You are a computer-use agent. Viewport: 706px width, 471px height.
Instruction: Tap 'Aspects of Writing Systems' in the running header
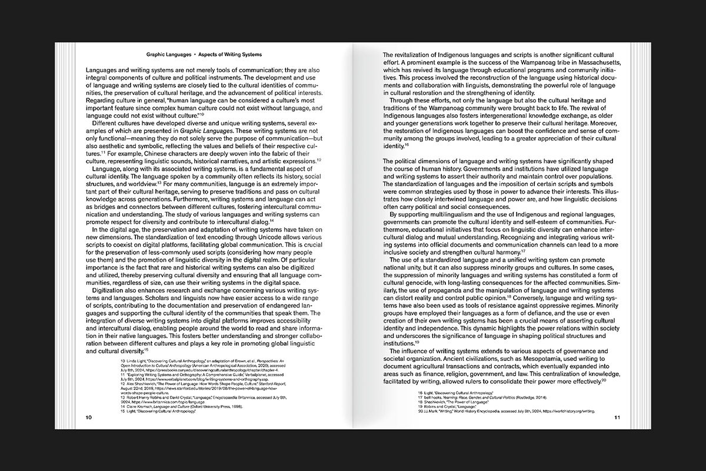pyautogui.click(x=230, y=54)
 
